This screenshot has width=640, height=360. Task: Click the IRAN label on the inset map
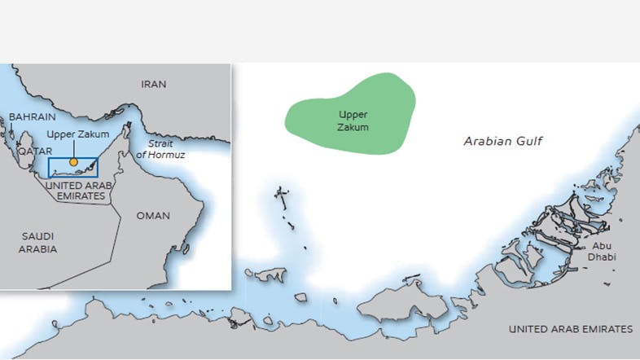153,84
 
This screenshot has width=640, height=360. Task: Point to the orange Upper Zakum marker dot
73,162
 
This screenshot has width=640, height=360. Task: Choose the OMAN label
154,216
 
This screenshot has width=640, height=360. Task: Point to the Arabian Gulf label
502,141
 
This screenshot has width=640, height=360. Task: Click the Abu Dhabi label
603,251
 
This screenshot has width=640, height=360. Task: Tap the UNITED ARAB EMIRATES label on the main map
570,329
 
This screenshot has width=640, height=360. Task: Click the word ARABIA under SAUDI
38,249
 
